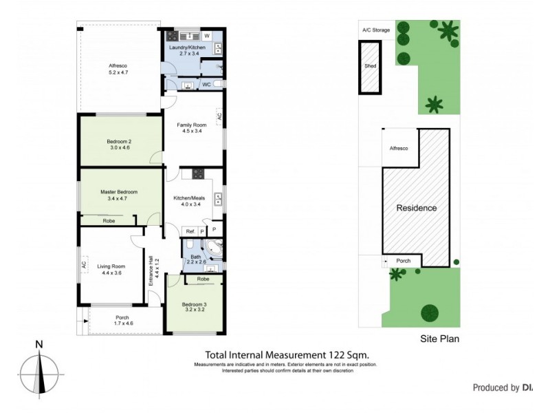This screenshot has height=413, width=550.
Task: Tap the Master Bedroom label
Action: pos(119,195)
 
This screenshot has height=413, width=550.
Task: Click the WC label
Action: pos(206,85)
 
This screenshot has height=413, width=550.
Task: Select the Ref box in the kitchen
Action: pos(190,231)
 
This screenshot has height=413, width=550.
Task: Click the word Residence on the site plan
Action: pos(416,207)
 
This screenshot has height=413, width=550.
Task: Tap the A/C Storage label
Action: pos(376,30)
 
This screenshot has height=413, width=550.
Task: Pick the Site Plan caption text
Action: pos(439,339)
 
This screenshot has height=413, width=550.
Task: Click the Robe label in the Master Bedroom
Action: pos(109,221)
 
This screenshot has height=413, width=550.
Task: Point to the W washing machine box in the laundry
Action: pos(207,35)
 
